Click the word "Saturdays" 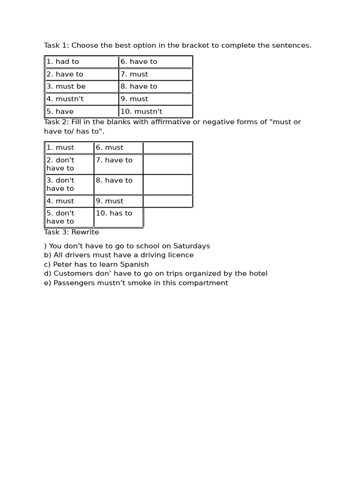pyautogui.click(x=191, y=246)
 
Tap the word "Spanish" pyautogui.click(x=134, y=264)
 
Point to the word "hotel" pyautogui.click(x=257, y=273)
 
